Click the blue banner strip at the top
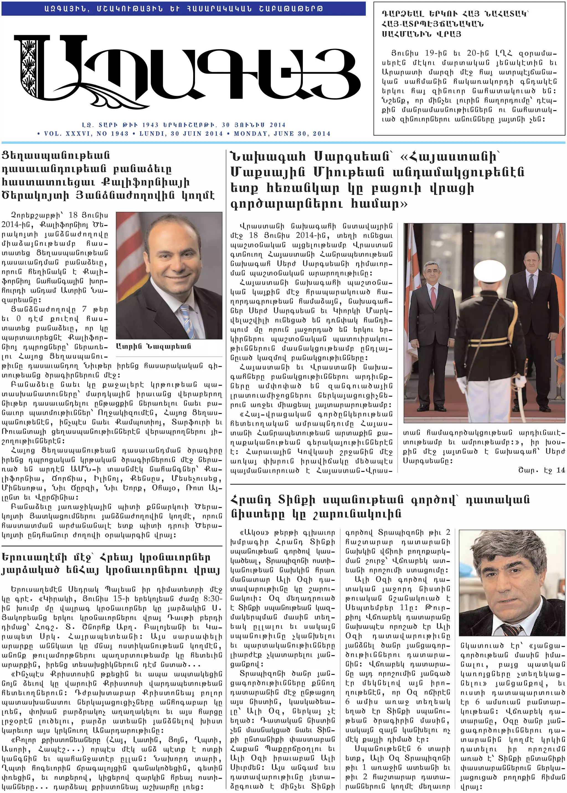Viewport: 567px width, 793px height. [x=183, y=8]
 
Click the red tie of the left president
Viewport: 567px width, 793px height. [x=433, y=296]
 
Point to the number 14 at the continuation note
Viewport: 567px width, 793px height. [x=560, y=470]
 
